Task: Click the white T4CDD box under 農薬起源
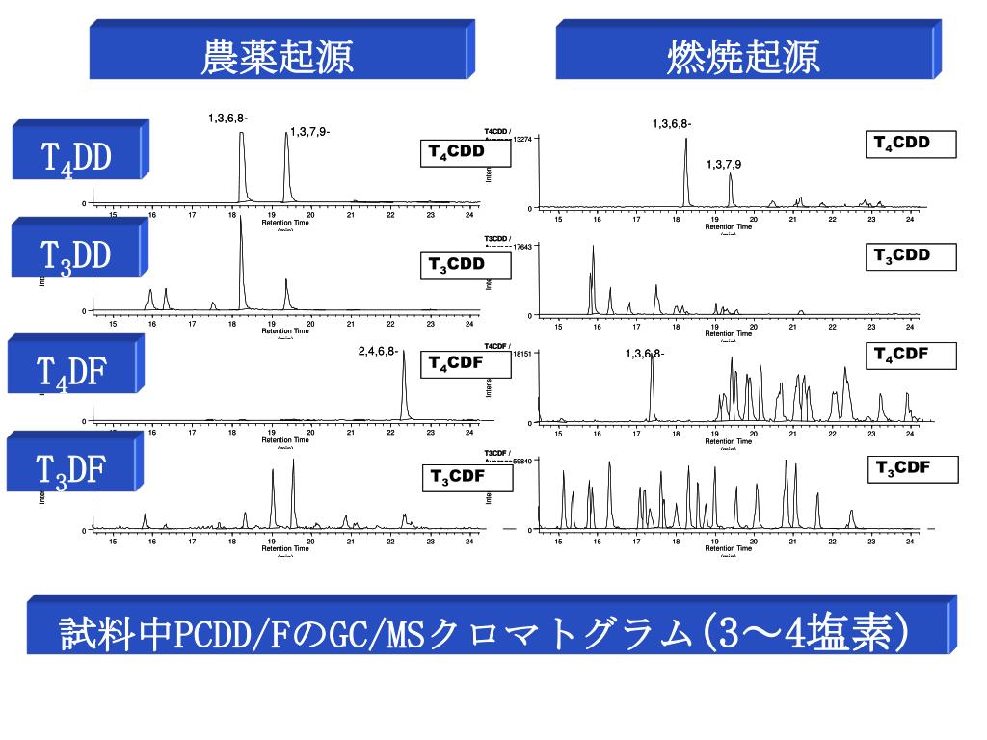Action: pyautogui.click(x=466, y=152)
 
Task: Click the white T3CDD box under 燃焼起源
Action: pyautogui.click(x=911, y=256)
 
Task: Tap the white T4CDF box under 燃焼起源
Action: pyautogui.click(x=911, y=356)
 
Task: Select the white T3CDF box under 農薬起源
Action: pyautogui.click(x=466, y=477)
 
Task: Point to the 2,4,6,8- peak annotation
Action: pyautogui.click(x=378, y=352)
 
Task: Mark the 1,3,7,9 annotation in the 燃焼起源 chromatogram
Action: pyautogui.click(x=723, y=165)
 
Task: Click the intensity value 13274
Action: pyautogui.click(x=523, y=139)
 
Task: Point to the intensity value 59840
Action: pyautogui.click(x=523, y=461)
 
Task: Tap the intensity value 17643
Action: pyautogui.click(x=523, y=247)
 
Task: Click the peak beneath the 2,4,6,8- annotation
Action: pyautogui.click(x=404, y=385)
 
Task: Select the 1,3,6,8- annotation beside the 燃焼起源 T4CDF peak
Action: pyautogui.click(x=645, y=354)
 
